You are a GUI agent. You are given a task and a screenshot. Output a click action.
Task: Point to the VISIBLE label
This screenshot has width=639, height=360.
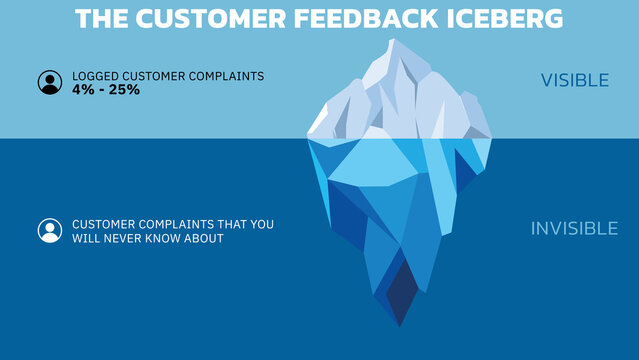[x=574, y=81]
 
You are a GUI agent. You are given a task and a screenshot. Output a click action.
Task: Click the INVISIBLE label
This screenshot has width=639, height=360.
[x=574, y=229]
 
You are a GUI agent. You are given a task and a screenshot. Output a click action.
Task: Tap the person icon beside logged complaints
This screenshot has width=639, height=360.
[x=50, y=82]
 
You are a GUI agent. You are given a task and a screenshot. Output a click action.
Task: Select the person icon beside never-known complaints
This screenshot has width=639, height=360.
[x=50, y=231]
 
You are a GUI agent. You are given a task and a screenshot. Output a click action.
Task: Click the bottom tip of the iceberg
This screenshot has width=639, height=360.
[x=399, y=325]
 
